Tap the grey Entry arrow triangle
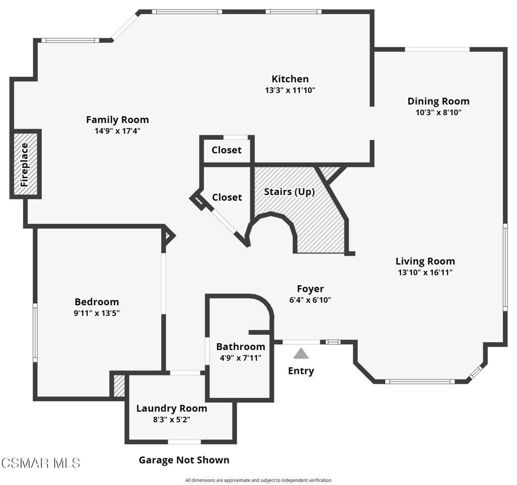(301, 353)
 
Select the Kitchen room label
(290, 79)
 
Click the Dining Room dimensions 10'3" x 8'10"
(438, 113)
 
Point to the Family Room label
(117, 120)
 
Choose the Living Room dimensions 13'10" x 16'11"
(425, 273)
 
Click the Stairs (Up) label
(289, 192)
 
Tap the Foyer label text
(310, 289)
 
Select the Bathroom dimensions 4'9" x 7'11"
(240, 358)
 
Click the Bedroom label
(96, 302)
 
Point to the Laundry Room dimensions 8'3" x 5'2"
(171, 419)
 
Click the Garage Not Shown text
(184, 460)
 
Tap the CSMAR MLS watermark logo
(40, 463)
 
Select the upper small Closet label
(226, 150)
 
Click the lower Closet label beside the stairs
(227, 197)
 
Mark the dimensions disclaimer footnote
(258, 480)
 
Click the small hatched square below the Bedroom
(119, 385)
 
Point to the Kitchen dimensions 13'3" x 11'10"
(290, 90)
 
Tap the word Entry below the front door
(301, 371)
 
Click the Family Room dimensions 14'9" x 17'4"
(117, 131)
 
